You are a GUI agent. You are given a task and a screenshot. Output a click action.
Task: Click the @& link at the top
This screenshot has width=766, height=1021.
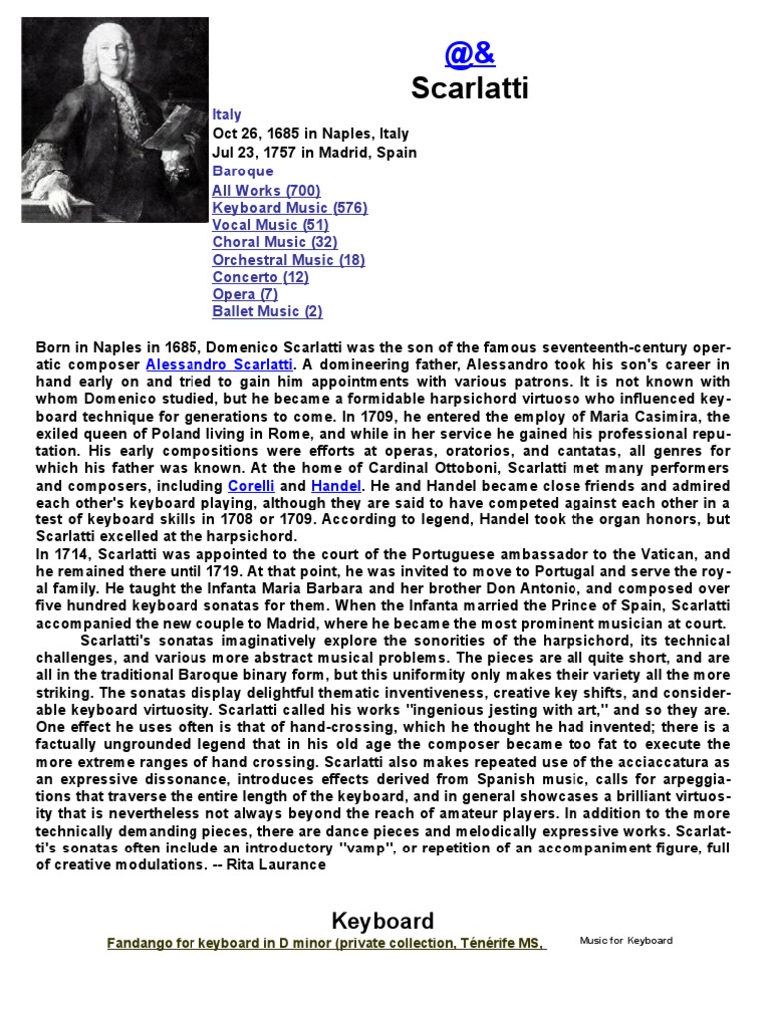coord(470,54)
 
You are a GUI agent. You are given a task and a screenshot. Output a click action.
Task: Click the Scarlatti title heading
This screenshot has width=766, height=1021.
coord(470,89)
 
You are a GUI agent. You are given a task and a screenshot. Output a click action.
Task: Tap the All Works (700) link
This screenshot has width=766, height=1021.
coord(266,190)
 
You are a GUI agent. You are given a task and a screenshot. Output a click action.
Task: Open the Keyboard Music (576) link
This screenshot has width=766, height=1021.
coord(290,208)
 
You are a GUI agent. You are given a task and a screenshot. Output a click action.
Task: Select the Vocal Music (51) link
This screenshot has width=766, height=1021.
coord(270,225)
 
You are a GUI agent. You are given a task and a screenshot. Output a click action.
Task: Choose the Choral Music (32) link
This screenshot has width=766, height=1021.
coord(275,242)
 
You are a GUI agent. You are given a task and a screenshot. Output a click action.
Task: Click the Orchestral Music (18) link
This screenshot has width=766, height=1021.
coord(288,260)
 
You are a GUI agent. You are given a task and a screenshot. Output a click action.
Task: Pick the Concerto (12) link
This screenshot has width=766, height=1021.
coord(260,277)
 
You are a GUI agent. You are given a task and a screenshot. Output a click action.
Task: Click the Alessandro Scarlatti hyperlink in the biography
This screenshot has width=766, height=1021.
coord(218,365)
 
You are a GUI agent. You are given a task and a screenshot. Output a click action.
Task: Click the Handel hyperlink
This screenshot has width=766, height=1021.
coord(335,485)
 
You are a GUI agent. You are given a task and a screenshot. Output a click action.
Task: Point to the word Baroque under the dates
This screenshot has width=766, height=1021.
coord(242,170)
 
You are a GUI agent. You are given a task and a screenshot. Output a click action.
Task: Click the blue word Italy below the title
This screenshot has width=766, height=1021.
coord(227,115)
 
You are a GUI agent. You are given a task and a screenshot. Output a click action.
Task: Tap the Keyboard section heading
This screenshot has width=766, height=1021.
coord(382,921)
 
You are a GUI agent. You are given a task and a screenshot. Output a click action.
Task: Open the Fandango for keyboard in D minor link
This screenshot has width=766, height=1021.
coord(325,944)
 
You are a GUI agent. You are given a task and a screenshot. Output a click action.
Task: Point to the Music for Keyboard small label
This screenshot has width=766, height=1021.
coord(626,940)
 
